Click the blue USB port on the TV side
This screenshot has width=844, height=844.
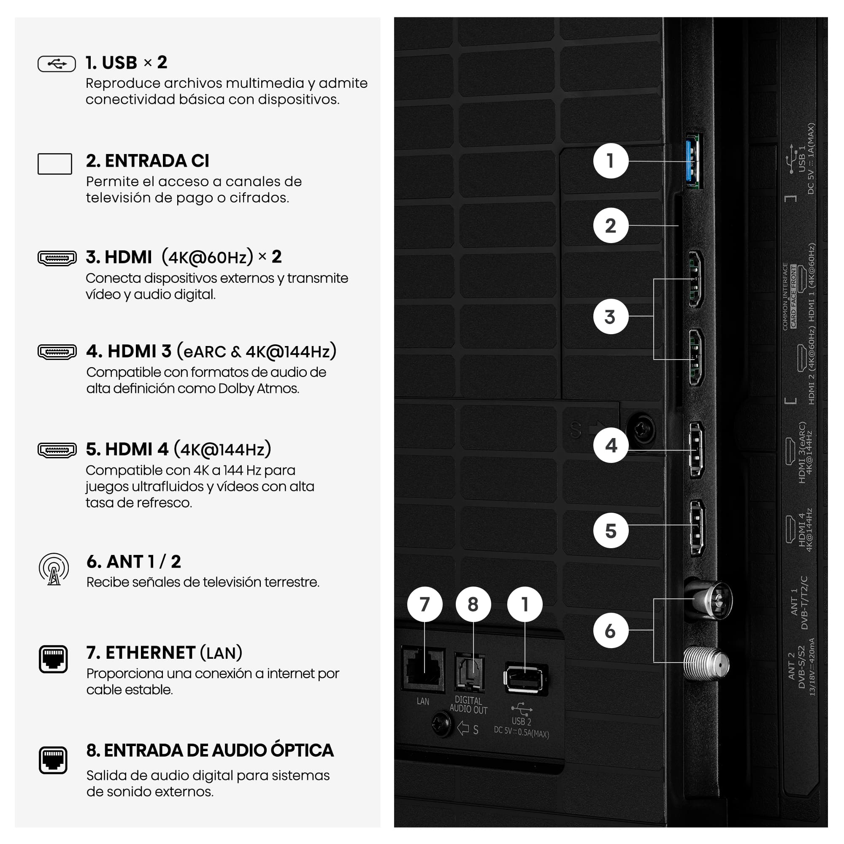(694, 160)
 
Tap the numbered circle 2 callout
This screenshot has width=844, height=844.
(610, 225)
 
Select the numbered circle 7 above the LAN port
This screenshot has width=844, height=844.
(424, 604)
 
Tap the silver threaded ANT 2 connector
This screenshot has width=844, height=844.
(706, 664)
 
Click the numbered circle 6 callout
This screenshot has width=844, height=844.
(610, 630)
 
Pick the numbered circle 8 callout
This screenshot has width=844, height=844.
(473, 604)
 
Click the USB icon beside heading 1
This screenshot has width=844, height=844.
(57, 64)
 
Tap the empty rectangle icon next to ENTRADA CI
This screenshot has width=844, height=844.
(54, 164)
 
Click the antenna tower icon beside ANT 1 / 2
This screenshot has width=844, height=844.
(54, 569)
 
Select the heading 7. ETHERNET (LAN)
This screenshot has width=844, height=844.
(164, 653)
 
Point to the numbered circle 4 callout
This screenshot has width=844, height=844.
(610, 445)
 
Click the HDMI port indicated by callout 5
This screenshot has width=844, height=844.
(696, 527)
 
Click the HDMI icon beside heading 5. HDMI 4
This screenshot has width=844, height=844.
(57, 450)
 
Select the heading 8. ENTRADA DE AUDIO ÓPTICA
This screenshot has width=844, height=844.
(210, 750)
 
